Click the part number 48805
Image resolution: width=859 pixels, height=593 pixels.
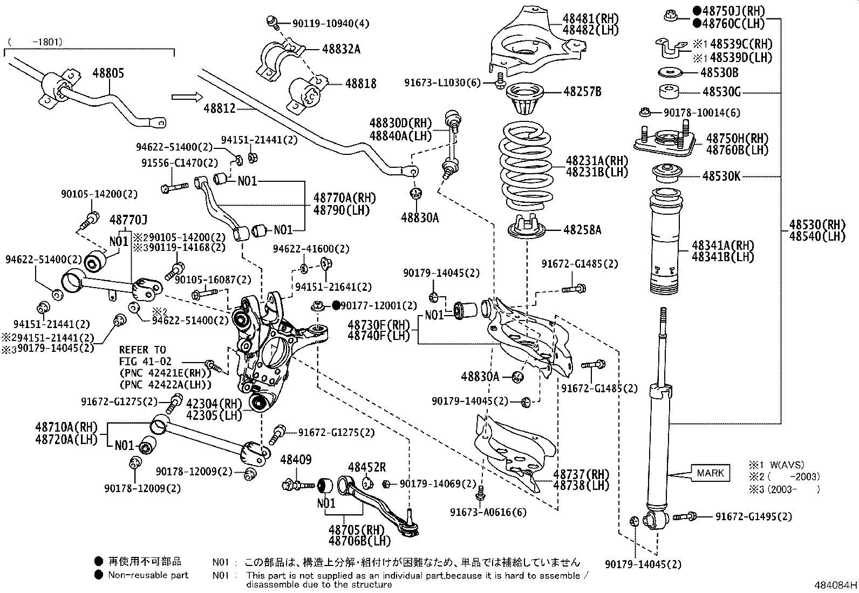pyautogui.click(x=108, y=73)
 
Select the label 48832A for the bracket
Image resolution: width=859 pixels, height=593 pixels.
pyautogui.click(x=341, y=49)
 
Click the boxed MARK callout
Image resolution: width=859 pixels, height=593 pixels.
pyautogui.click(x=711, y=473)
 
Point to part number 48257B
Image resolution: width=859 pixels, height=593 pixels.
pyautogui.click(x=582, y=91)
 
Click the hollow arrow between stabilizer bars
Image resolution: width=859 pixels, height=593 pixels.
pyautogui.click(x=187, y=97)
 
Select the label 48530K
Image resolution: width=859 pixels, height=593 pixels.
pyautogui.click(x=721, y=176)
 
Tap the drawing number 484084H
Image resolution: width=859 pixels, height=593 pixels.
pyautogui.click(x=835, y=585)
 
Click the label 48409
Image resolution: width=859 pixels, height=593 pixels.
pyautogui.click(x=296, y=460)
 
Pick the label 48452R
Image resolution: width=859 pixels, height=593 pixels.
pyautogui.click(x=367, y=467)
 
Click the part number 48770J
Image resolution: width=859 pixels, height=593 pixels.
pyautogui.click(x=128, y=220)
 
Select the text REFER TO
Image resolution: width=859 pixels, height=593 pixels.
pyautogui.click(x=142, y=350)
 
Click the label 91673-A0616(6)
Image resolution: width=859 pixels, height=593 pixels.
pyautogui.click(x=489, y=512)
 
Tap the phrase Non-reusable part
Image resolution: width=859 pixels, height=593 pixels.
pyautogui.click(x=148, y=575)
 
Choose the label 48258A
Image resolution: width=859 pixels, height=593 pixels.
pyautogui.click(x=582, y=230)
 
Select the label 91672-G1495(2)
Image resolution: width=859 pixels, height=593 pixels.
pyautogui.click(x=754, y=516)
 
